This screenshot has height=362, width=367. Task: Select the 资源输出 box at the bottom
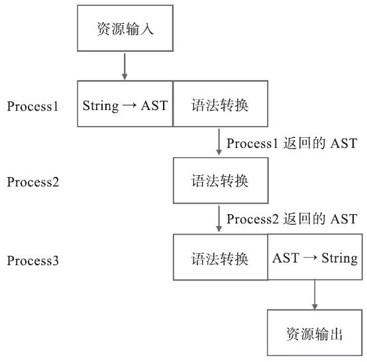point(315,333)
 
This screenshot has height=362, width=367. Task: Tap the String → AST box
point(125,105)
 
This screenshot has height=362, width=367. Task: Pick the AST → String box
point(315,257)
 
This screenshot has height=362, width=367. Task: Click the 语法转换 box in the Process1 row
point(220,105)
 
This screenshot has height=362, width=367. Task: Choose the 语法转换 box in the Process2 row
point(220,180)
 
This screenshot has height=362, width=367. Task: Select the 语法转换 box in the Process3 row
point(220,257)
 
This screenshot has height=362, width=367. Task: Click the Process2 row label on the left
point(33,182)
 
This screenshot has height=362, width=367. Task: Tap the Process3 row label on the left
point(33,260)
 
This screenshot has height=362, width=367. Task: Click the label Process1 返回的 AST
point(291,143)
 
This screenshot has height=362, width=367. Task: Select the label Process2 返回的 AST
point(291,219)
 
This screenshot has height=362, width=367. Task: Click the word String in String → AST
point(99,105)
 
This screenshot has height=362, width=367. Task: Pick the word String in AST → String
point(339,258)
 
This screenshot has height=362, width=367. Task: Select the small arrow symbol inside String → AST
point(129,105)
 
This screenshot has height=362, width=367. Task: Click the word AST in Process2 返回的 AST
point(344,219)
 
